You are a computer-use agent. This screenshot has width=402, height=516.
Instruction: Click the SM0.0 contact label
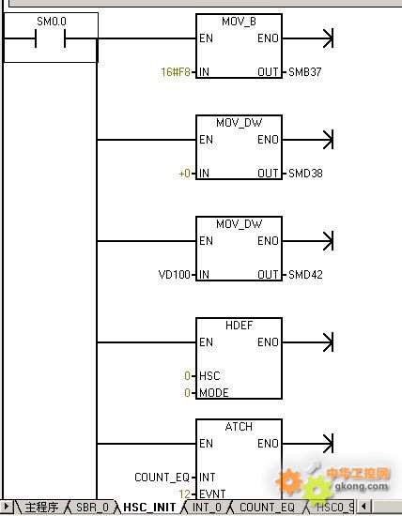pyautogui.click(x=52, y=22)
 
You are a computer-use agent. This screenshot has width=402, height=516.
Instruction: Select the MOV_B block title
pyautogui.click(x=239, y=23)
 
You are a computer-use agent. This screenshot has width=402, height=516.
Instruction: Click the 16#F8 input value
pyautogui.click(x=176, y=72)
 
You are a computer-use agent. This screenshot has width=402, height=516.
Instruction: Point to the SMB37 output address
pyautogui.click(x=305, y=72)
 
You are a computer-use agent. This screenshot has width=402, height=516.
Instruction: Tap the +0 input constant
pyautogui.click(x=184, y=174)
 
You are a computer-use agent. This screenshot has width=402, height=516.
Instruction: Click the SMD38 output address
pyautogui.click(x=305, y=174)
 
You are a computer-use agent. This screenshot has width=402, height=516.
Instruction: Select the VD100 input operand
pyautogui.click(x=175, y=275)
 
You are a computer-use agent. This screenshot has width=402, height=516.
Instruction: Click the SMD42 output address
pyautogui.click(x=305, y=275)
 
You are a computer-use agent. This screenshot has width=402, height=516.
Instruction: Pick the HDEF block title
pyautogui.click(x=239, y=326)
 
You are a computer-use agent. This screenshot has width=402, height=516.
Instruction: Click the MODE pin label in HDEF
pyautogui.click(x=214, y=392)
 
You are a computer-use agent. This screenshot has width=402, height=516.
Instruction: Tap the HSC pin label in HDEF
pyautogui.click(x=209, y=376)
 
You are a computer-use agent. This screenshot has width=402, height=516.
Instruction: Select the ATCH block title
pyautogui.click(x=239, y=427)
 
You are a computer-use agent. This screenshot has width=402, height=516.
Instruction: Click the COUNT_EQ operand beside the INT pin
pyautogui.click(x=162, y=478)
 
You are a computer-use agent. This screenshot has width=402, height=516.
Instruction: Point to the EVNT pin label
pyautogui.click(x=212, y=493)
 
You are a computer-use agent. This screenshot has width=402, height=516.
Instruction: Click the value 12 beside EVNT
pyautogui.click(x=184, y=493)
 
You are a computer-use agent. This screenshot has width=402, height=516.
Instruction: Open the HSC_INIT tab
pyautogui.click(x=149, y=508)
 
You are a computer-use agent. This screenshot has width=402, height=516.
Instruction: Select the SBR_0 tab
pyautogui.click(x=92, y=508)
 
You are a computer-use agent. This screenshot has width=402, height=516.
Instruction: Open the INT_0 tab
pyautogui.click(x=207, y=508)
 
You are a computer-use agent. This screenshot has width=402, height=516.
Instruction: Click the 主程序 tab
pyautogui.click(x=42, y=508)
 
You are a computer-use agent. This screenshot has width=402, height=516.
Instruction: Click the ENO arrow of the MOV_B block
pyautogui.click(x=308, y=38)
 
